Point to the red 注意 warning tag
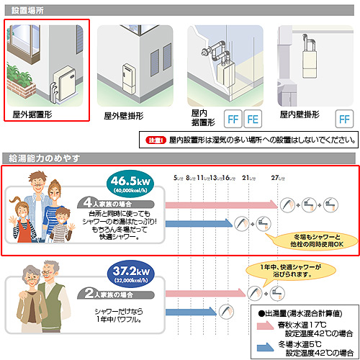click(156, 139)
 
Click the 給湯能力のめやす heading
click(40, 158)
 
